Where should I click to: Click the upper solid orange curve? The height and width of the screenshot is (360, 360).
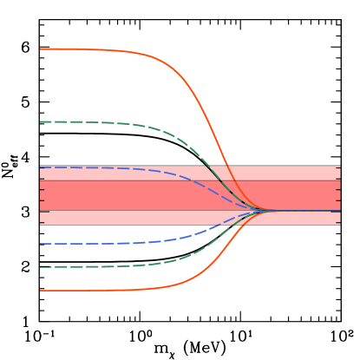104,49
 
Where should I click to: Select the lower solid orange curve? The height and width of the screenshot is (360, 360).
104,290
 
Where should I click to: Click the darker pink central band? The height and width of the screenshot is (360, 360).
130,195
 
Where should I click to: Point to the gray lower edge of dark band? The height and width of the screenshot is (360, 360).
130,210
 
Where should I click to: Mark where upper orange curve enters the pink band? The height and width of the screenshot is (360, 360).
226,166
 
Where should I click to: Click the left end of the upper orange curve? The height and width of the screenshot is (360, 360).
41,49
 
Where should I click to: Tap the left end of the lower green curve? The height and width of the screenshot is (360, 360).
41,266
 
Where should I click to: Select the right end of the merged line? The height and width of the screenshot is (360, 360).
339,210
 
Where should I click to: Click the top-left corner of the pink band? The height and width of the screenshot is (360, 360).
41,166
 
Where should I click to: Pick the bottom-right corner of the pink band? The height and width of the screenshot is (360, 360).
340,224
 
